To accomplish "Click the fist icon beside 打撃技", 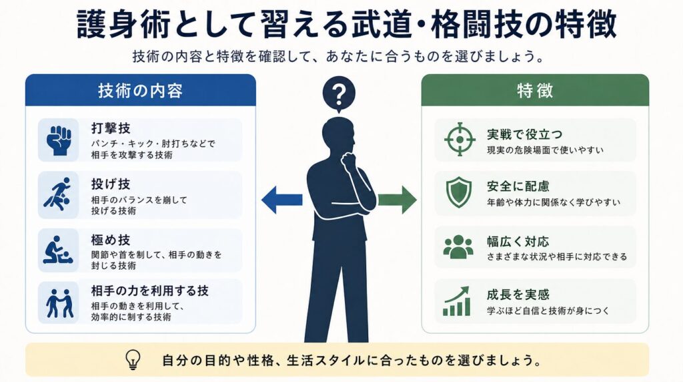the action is pyautogui.click(x=59, y=140).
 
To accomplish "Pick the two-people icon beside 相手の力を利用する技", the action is pyautogui.click(x=59, y=303).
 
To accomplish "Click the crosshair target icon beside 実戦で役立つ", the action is pyautogui.click(x=460, y=140).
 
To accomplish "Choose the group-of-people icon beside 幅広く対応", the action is pyautogui.click(x=458, y=247).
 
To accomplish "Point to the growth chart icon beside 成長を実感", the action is pyautogui.click(x=457, y=301).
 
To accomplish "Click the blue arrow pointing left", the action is pyautogui.click(x=282, y=200).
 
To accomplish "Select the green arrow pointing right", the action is pyautogui.click(x=397, y=200).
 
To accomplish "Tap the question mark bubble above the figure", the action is pyautogui.click(x=339, y=94).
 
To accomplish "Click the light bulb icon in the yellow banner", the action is pyautogui.click(x=133, y=360).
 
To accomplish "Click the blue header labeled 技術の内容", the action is pyautogui.click(x=140, y=90).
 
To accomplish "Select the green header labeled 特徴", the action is pyautogui.click(x=535, y=90).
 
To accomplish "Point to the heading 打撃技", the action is pyautogui.click(x=111, y=128).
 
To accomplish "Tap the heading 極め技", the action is pyautogui.click(x=111, y=240).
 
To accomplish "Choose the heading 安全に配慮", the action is pyautogui.click(x=518, y=186).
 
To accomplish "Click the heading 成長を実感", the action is pyautogui.click(x=518, y=295).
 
